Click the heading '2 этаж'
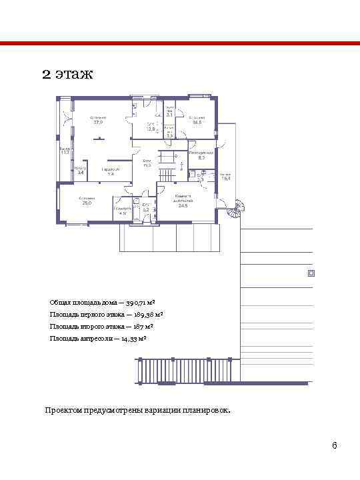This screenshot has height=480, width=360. [67, 73]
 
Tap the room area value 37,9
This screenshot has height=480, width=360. [98, 123]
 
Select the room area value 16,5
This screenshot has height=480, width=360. [197, 123]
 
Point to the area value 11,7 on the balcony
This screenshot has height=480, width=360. [65, 153]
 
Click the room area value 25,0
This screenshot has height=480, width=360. [87, 203]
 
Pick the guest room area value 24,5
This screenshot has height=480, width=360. [183, 205]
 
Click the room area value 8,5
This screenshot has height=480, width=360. [201, 157]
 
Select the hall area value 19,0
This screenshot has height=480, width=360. [147, 165]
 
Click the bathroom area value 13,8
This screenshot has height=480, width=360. [151, 129]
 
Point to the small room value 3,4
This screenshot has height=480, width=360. [81, 173]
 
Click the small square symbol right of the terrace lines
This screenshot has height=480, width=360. [311, 273]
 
